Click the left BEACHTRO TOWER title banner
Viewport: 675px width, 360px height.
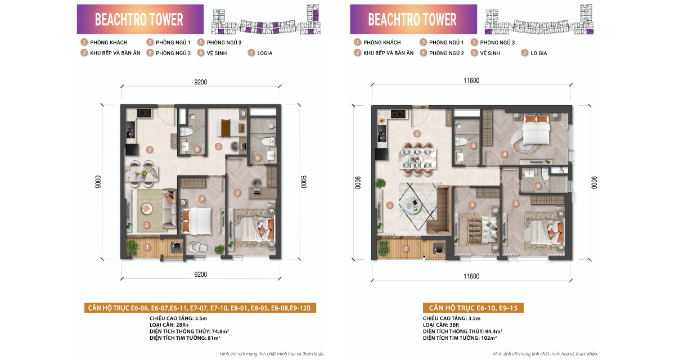tap(140, 19)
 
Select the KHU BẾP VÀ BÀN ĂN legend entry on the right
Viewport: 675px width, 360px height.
tap(384, 53)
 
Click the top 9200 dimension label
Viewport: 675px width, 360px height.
tap(201, 82)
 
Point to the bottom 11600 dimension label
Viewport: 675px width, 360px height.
tap(471, 276)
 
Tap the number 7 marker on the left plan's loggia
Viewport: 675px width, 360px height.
tap(147, 247)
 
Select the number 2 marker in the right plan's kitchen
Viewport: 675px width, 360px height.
tap(417, 134)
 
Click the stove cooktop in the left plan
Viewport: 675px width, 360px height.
tap(145, 113)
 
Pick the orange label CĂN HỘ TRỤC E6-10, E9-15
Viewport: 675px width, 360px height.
tap(473, 308)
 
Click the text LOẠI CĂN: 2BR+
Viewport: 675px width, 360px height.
tap(169, 325)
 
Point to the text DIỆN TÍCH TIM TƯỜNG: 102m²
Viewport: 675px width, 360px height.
tap(460, 338)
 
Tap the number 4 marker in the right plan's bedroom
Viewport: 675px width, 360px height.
tap(505, 155)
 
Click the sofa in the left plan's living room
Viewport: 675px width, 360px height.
tap(169, 209)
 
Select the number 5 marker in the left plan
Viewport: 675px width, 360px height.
tap(218, 146)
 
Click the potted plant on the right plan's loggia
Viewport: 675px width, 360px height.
tap(383, 248)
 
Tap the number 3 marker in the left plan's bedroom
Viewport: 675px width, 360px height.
tap(237, 193)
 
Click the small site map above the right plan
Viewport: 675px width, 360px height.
tap(539, 19)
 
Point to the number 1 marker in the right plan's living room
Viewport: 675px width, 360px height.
tap(390, 205)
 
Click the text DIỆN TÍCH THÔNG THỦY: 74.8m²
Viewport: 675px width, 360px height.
tap(189, 331)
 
